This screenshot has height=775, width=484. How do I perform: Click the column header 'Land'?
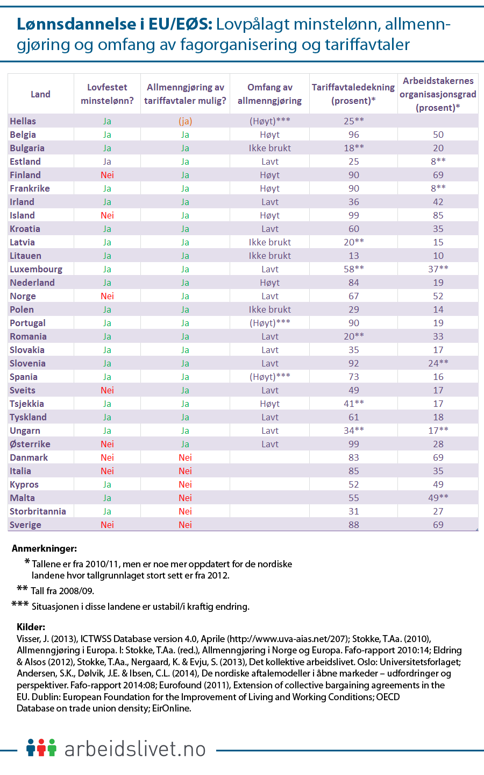click(40, 94)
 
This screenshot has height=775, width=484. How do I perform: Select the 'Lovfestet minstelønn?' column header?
click(107, 94)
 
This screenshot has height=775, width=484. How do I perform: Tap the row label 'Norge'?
click(23, 296)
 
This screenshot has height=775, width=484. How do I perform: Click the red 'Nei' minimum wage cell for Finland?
click(107, 175)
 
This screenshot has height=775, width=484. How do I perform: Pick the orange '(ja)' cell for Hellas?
click(185, 121)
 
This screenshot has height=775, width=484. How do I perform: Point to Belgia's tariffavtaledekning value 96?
click(353, 135)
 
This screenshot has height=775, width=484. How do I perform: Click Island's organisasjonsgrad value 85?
click(438, 215)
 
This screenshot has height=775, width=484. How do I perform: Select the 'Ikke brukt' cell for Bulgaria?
click(269, 148)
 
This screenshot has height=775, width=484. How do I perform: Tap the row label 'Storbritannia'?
click(38, 511)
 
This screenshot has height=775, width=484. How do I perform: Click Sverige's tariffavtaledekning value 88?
click(353, 525)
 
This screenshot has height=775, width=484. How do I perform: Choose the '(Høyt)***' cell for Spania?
click(269, 377)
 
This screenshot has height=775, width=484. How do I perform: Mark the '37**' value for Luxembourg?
click(438, 269)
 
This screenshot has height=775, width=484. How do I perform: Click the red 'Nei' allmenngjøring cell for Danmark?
click(185, 457)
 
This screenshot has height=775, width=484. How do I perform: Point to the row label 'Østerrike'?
click(30, 444)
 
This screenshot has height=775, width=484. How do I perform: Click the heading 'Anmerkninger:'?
click(44, 549)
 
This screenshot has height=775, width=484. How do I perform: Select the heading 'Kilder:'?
click(31, 627)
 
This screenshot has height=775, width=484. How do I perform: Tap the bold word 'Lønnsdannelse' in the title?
click(76, 24)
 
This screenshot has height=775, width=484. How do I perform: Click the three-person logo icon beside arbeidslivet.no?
click(41, 748)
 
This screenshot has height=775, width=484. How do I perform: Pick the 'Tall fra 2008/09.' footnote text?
click(62, 591)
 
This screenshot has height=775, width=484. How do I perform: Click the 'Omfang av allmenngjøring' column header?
click(269, 94)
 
